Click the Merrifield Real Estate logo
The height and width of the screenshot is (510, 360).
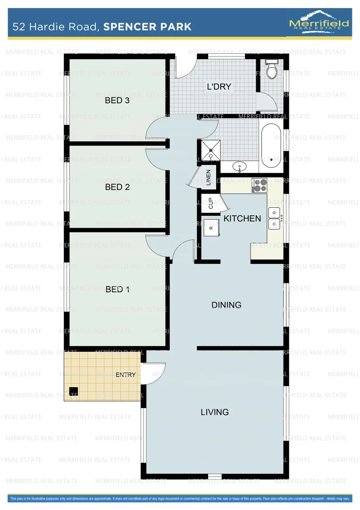(318, 22)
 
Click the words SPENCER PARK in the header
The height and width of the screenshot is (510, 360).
(147, 26)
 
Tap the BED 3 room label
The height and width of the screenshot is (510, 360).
(117, 100)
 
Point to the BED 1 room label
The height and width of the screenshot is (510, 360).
(117, 289)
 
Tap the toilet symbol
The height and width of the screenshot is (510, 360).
(271, 69)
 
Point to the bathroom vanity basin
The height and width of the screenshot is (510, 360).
(240, 166)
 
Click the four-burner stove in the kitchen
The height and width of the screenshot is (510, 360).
(260, 186)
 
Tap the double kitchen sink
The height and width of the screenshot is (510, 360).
(275, 218)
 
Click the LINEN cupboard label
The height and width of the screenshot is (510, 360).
(208, 177)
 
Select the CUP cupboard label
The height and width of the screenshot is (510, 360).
(210, 204)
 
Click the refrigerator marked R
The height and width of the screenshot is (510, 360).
(211, 228)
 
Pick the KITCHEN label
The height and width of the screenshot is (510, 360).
(242, 219)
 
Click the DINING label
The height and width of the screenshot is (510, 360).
(226, 305)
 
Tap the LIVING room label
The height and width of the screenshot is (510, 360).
(215, 412)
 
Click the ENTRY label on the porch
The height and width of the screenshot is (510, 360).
(126, 375)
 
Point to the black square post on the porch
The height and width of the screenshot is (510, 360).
(73, 391)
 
